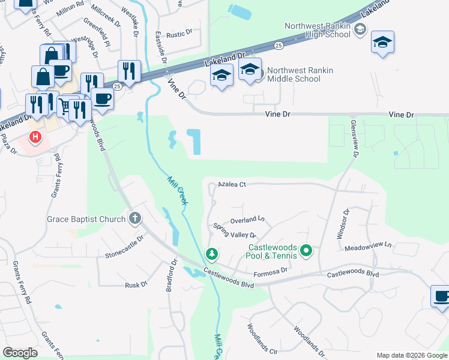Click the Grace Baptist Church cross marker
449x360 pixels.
pos(135,219)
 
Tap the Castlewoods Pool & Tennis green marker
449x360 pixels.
pos(306,250)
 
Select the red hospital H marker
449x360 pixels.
pos(36,137)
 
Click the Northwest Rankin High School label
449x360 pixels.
pos(317,30)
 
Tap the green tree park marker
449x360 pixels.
pos(211,254)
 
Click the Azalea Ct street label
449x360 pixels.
pos(232,184)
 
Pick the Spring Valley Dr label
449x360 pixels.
pos(235,230)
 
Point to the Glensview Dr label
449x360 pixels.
pos(354,137)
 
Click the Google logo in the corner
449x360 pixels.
pos(20,353)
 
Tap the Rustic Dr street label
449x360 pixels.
pos(179,34)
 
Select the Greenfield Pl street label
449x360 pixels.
pos(96,32)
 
